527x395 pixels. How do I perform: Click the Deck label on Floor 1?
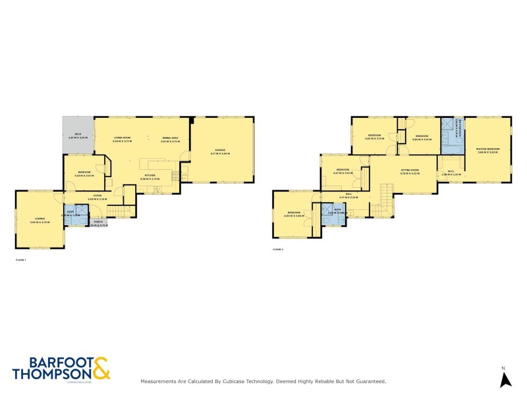(78, 136)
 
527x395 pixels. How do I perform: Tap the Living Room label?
(123, 138)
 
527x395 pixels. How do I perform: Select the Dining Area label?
(170, 138)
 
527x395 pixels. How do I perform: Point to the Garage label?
(221, 151)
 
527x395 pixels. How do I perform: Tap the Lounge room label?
(40, 221)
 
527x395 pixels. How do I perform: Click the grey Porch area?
(99, 223)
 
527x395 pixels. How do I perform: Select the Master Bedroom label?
(487, 149)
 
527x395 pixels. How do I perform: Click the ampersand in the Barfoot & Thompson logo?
(101, 368)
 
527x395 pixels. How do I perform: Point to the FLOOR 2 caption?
(277, 250)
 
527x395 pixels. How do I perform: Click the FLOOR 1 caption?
(20, 260)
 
